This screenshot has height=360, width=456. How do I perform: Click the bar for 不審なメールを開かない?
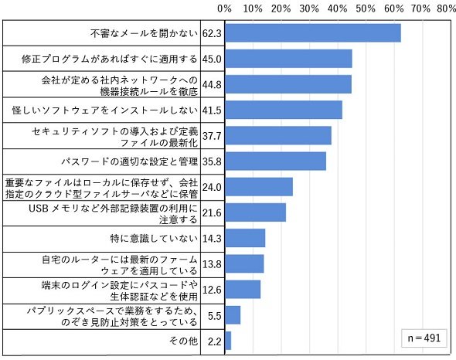point(313,33)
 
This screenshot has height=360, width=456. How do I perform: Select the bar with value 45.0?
point(288,59)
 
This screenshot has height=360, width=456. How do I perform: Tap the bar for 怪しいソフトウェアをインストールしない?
point(284,110)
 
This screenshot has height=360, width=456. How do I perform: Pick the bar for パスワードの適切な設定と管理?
point(275,161)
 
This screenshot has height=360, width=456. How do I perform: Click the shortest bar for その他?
point(228,341)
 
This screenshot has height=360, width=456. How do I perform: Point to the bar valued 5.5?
point(233,315)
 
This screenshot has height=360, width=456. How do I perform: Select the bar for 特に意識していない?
point(245,238)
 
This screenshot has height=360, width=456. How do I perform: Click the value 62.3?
point(212,33)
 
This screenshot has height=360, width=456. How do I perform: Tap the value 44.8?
point(212,85)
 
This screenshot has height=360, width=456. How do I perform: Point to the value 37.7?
point(212,136)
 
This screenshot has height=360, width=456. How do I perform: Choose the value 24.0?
point(212,187)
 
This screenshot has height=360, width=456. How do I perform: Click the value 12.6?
point(212,290)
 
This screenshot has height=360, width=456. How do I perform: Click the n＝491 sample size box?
point(424,338)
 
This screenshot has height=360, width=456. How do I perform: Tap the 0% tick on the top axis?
point(224,8)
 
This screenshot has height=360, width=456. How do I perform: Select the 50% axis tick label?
point(366,8)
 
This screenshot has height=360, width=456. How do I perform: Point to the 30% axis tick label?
point(309,8)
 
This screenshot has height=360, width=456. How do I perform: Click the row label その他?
point(183,341)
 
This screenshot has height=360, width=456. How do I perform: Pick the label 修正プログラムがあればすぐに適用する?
point(110,59)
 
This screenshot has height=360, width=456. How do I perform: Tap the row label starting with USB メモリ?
point(113,214)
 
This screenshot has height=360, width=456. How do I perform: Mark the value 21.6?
point(212,213)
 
